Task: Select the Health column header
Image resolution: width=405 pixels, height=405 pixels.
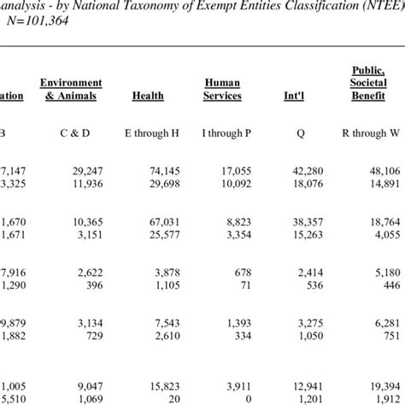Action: (x=148, y=96)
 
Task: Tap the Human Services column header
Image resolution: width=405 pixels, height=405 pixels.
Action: (x=222, y=89)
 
